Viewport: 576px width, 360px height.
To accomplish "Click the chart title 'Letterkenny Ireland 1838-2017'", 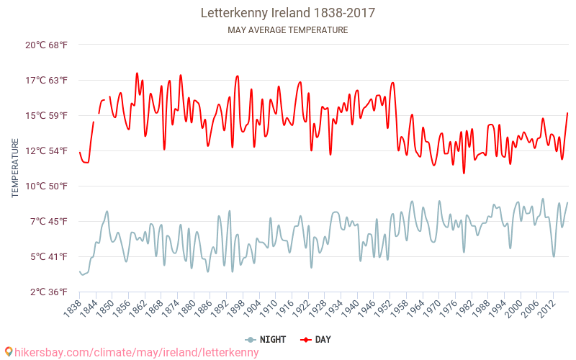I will tap(287, 13).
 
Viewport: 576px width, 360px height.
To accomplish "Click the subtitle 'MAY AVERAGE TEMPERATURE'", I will tap(287, 30).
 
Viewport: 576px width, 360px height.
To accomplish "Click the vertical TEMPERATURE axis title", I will tap(15, 168).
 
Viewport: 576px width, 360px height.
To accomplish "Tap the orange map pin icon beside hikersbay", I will tap(8, 352).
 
